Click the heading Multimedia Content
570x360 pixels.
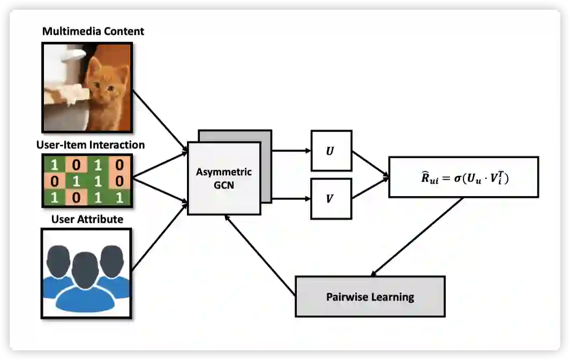[x=93, y=32]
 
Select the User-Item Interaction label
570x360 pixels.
[x=90, y=145]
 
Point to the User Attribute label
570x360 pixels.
[x=87, y=219]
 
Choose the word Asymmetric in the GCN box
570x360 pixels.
[x=224, y=172]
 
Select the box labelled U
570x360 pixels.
[x=331, y=152]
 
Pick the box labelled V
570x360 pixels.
[x=331, y=199]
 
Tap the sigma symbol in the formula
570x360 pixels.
[x=457, y=178]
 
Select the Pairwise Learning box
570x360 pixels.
[x=370, y=296]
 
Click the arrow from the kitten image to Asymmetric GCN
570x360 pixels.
[x=159, y=119]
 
